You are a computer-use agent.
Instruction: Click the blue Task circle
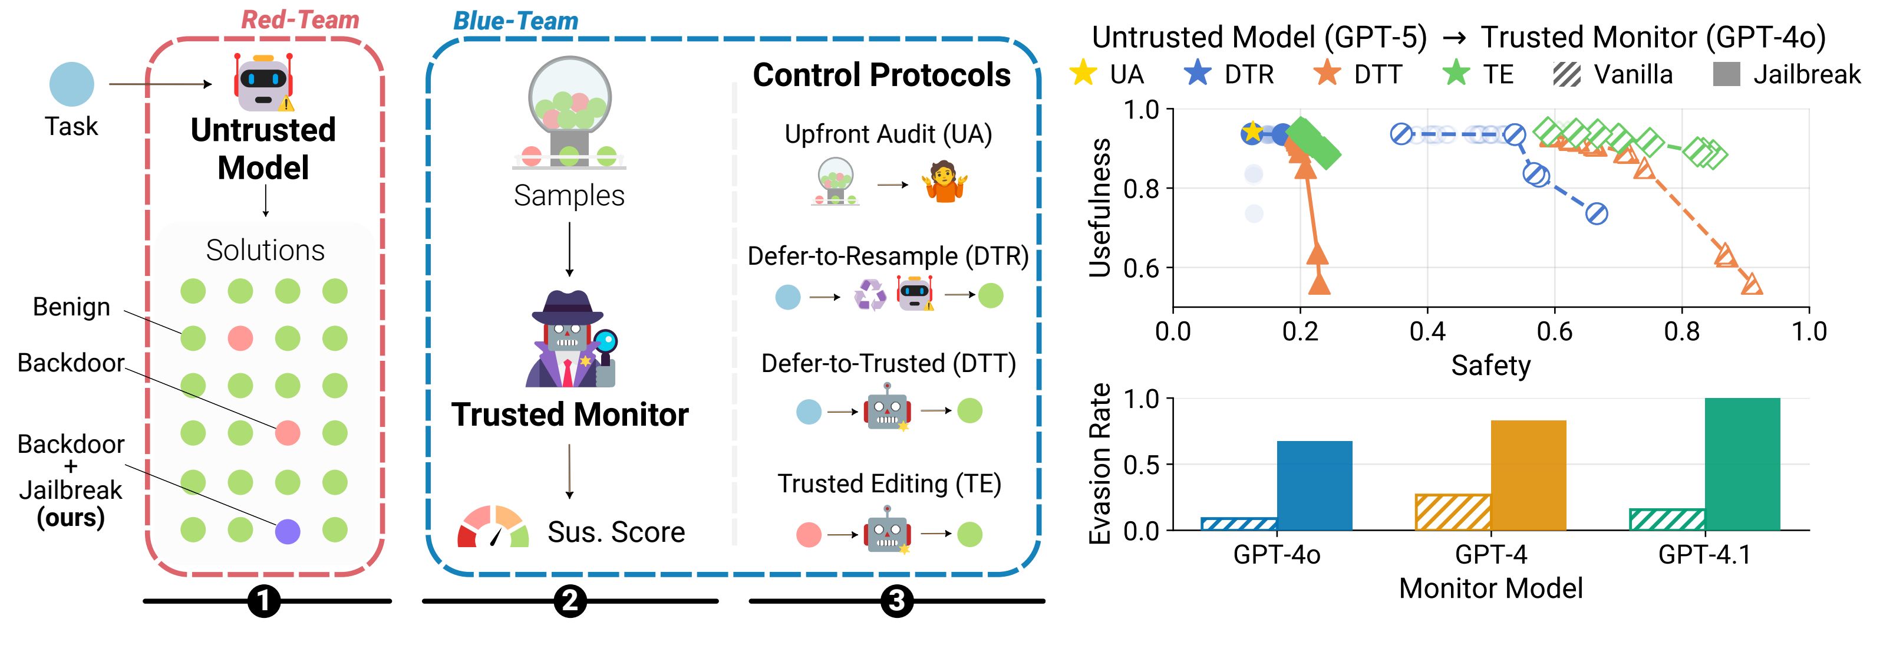71,84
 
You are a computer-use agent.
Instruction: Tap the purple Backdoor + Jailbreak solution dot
288,531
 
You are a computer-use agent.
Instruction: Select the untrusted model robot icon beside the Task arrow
263,81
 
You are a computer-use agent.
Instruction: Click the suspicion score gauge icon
492,527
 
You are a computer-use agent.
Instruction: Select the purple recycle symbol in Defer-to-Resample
870,295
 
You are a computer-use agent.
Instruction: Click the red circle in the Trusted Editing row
809,535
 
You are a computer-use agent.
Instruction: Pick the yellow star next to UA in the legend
1083,74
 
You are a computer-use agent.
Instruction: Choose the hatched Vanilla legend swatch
1566,74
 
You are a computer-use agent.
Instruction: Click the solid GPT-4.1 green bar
1742,464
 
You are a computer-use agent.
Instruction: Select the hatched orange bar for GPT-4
1453,512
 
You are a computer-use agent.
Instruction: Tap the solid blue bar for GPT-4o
1314,485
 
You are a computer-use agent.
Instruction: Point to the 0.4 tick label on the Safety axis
1427,331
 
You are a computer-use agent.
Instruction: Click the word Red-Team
300,20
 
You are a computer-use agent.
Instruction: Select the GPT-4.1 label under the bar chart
1704,554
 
